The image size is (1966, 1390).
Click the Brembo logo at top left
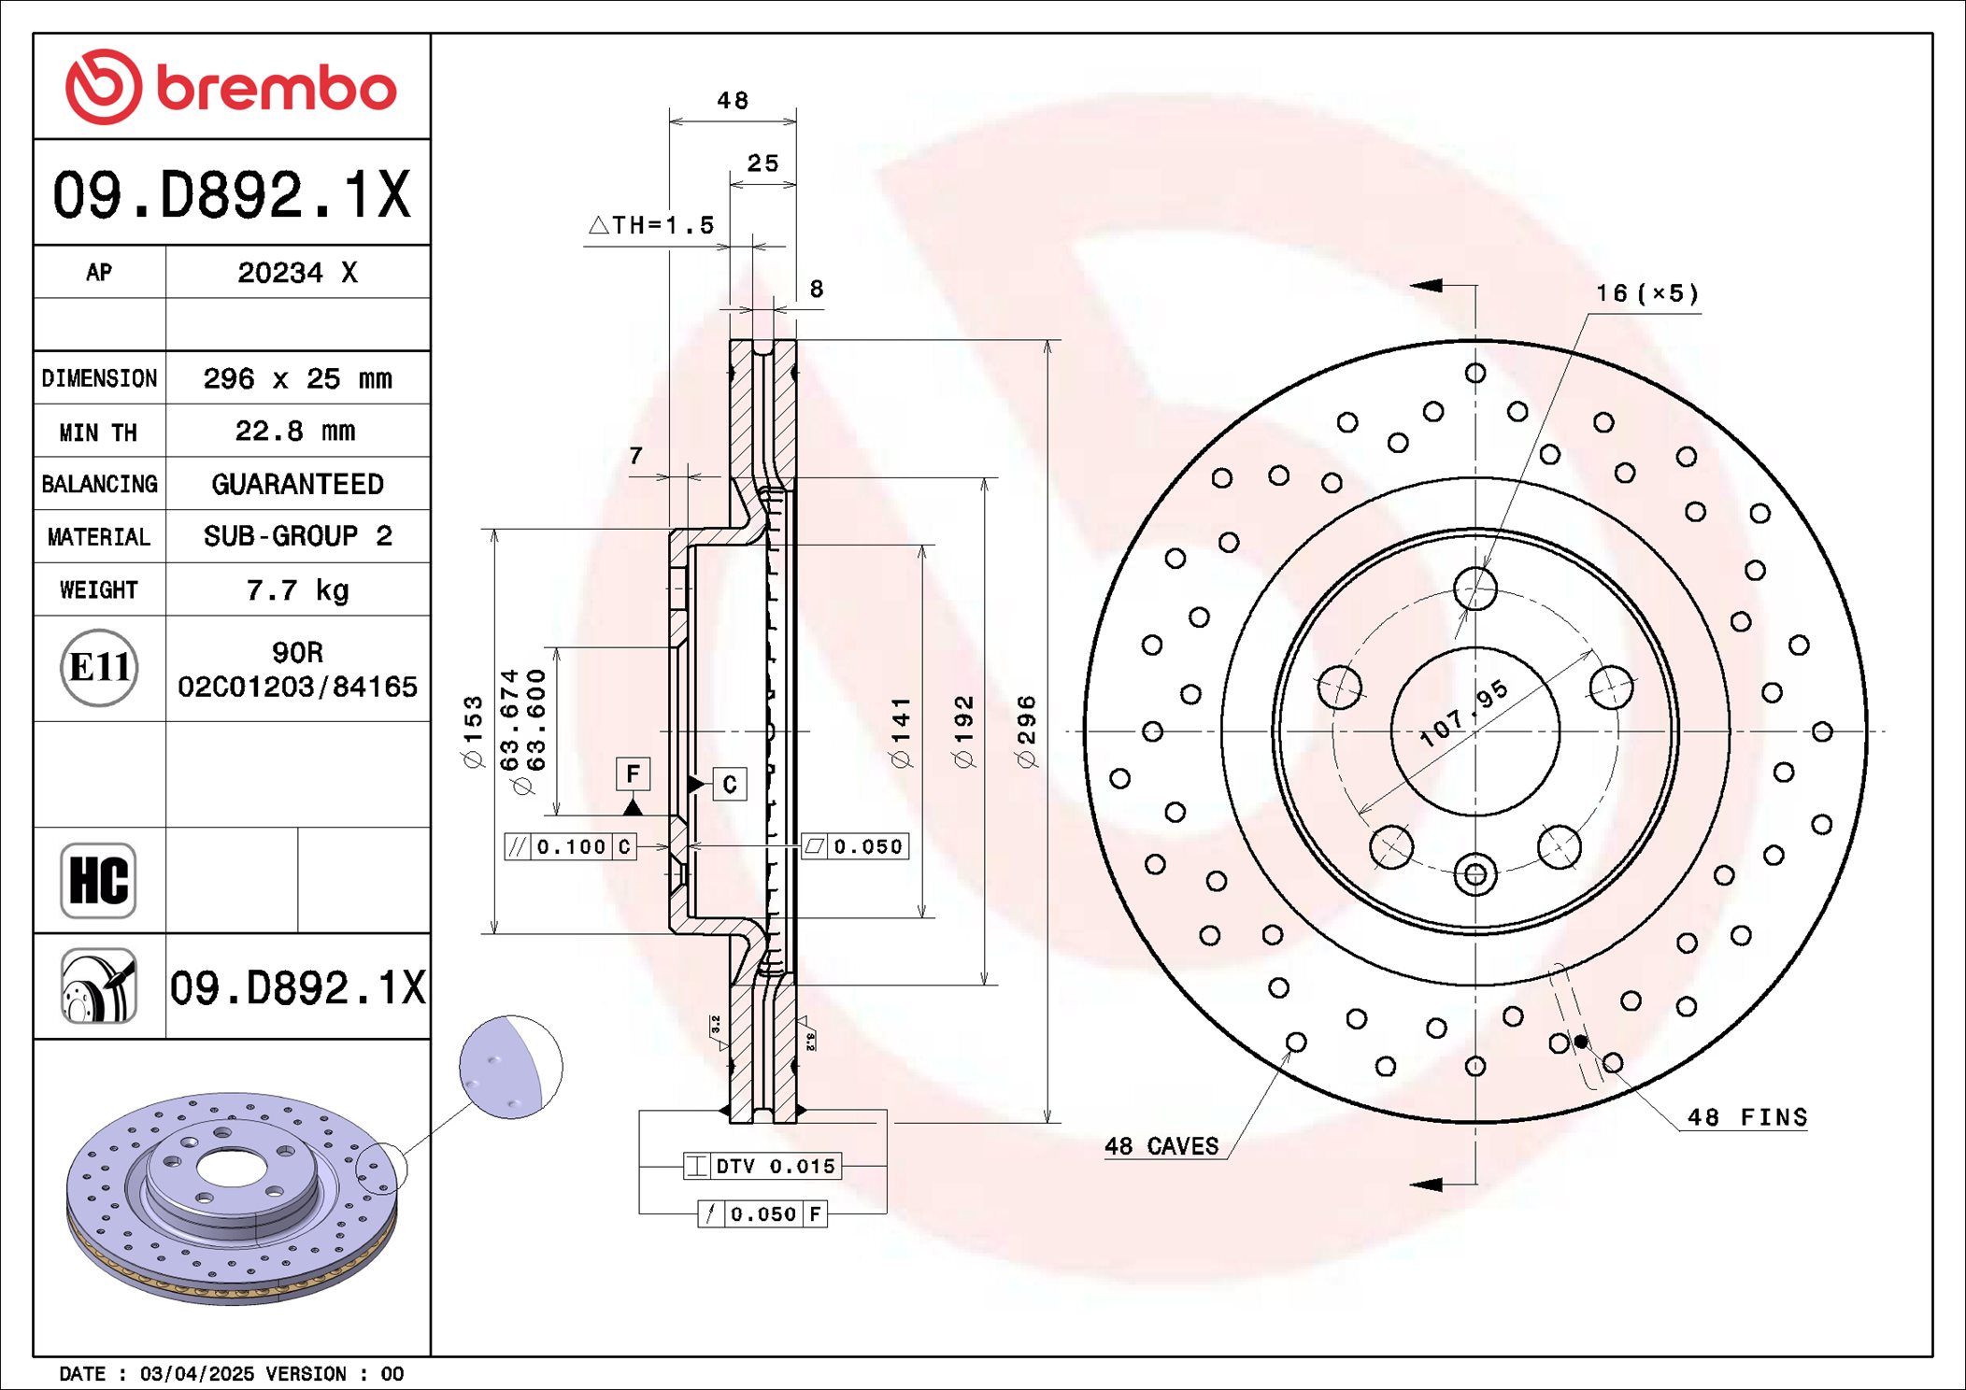231,88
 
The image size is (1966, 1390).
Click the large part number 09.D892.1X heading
231,195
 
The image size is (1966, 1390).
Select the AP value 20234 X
297,273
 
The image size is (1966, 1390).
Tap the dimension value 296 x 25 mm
297,378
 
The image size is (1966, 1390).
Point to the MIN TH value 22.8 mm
295,431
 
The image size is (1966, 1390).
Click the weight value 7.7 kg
297,590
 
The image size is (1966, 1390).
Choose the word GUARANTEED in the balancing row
297,484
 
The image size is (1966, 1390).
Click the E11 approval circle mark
99,668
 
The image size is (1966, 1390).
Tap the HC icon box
98,880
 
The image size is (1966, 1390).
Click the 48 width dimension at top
733,101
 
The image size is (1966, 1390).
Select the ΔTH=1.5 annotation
651,225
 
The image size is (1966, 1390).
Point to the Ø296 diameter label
1026,731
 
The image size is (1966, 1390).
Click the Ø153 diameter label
474,731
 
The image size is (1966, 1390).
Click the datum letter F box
633,773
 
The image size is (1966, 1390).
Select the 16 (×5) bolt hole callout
1646,293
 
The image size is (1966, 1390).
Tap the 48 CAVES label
1161,1146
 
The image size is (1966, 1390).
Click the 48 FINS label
1746,1117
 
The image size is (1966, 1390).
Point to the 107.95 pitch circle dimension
1463,713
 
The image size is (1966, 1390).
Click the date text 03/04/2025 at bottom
196,1373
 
